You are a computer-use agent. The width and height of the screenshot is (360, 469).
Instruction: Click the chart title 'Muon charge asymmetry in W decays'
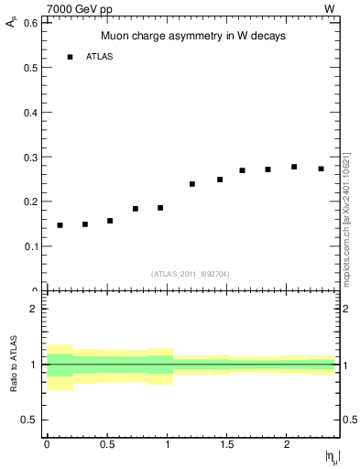[193, 37]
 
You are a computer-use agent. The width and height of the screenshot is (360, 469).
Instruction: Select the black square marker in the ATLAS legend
[70, 57]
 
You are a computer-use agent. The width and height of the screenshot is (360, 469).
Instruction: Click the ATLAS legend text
[100, 57]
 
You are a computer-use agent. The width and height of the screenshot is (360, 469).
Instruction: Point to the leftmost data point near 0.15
[60, 224]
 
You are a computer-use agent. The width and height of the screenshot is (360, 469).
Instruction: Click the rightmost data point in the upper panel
[321, 169]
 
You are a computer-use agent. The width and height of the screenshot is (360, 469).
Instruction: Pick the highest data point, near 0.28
[294, 167]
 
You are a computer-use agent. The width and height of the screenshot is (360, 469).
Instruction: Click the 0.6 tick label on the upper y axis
[29, 22]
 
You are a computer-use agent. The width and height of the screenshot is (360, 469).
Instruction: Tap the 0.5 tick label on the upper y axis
[29, 67]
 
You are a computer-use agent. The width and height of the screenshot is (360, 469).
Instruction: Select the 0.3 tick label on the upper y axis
[29, 157]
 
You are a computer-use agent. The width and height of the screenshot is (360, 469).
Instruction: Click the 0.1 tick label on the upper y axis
[29, 246]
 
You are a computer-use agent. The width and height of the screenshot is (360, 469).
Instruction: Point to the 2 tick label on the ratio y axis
[34, 309]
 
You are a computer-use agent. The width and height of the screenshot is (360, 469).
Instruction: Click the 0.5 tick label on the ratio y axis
[29, 420]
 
